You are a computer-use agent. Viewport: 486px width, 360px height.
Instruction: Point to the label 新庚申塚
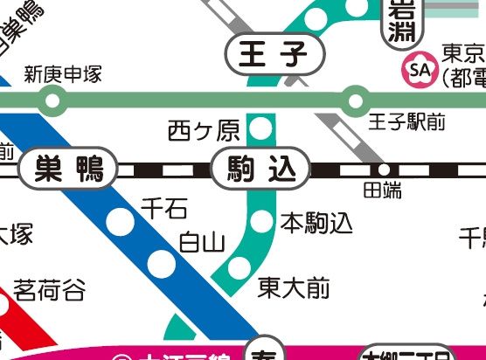tap(63, 75)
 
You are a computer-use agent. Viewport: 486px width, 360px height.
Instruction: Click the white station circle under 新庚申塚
tap(52, 100)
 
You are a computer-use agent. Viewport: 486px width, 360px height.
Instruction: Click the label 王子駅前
tap(406, 121)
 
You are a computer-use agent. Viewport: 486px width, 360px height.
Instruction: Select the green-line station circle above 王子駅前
tap(355, 100)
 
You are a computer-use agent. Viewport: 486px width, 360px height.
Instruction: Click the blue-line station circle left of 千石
tap(121, 223)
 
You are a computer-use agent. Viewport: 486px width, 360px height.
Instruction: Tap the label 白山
tap(202, 242)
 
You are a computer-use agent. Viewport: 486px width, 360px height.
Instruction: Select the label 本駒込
tap(316, 224)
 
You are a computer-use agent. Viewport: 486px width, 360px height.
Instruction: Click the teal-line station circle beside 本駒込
tap(261, 222)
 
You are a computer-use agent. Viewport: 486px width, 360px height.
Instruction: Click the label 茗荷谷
tap(50, 289)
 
